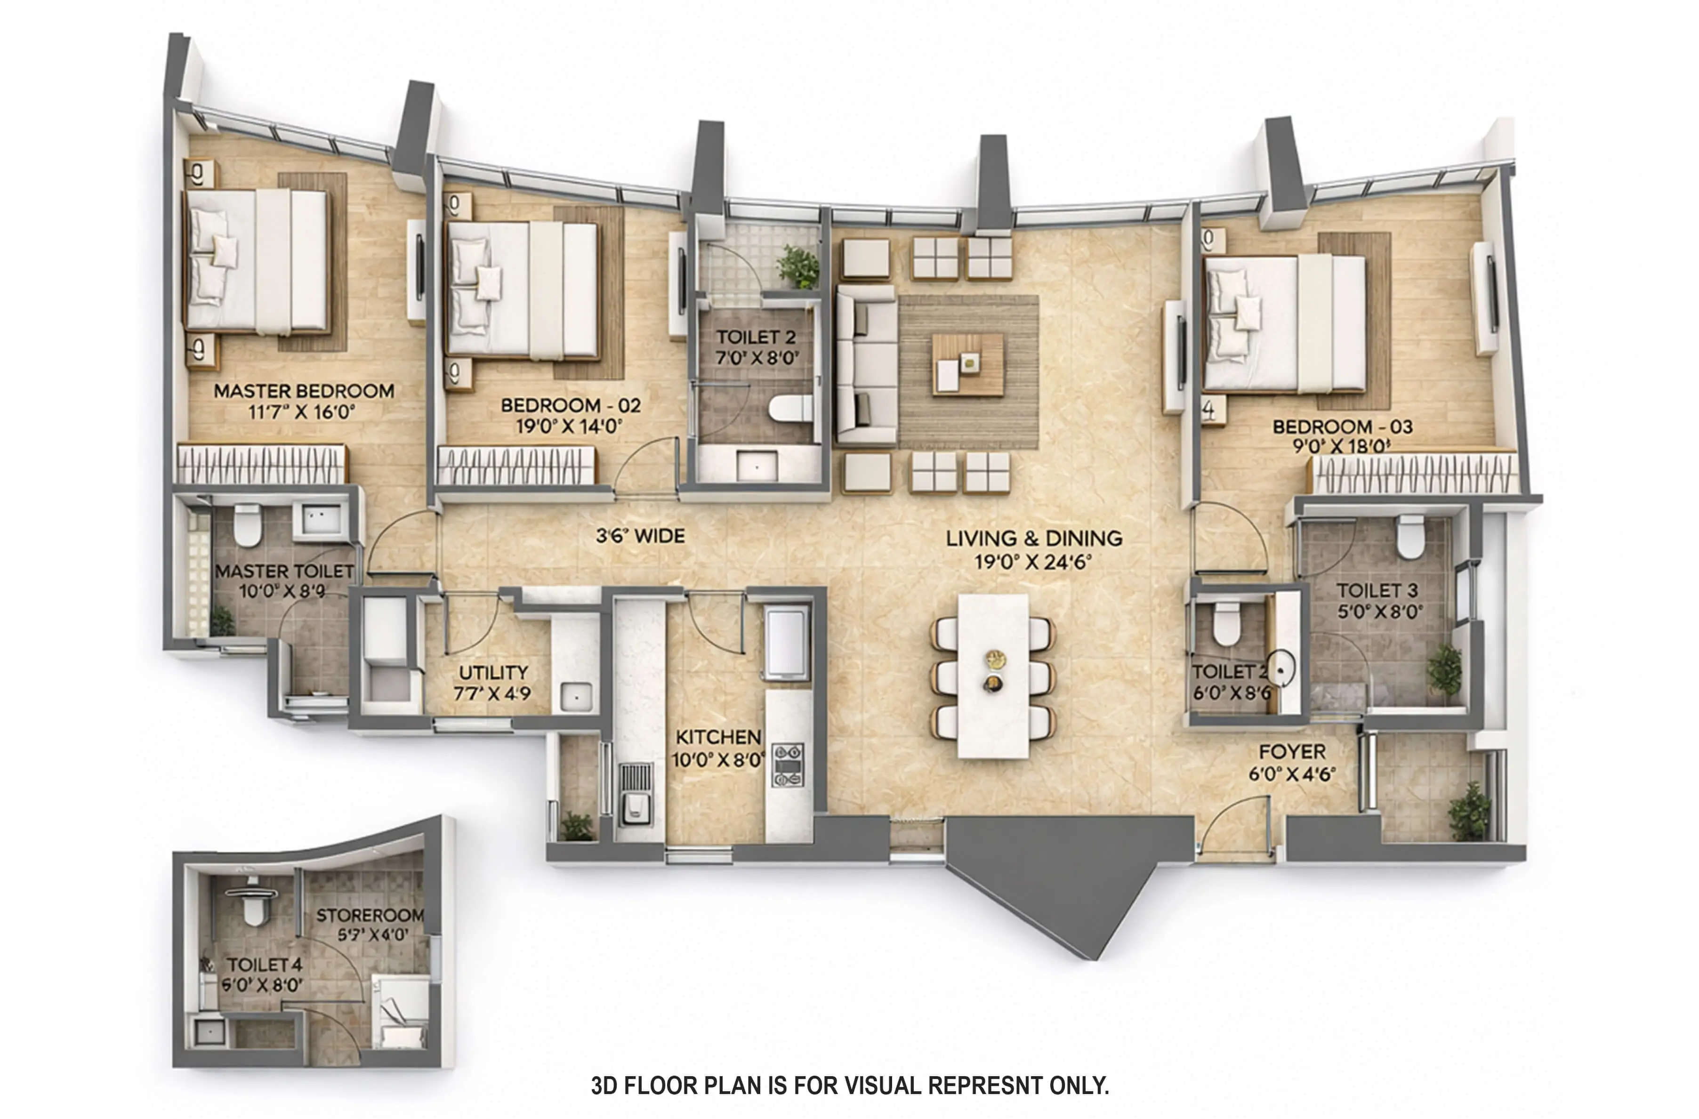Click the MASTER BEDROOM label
303,391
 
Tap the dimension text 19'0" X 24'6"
1033,563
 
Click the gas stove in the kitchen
788,766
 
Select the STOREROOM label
370,915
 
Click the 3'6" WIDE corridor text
640,536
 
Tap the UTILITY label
493,672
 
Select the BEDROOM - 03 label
1342,427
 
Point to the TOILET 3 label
1377,590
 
